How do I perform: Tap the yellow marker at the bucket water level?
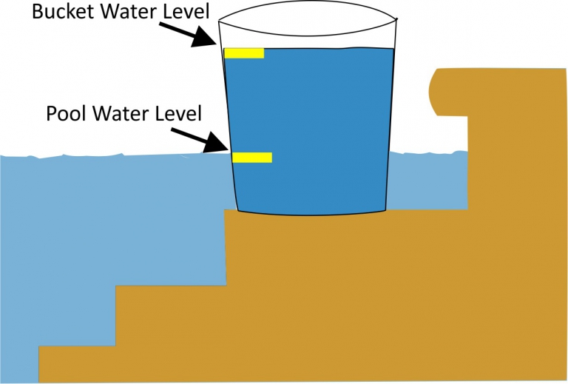point(244,53)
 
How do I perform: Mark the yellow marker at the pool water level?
point(252,157)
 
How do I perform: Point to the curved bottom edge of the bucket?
point(311,215)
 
